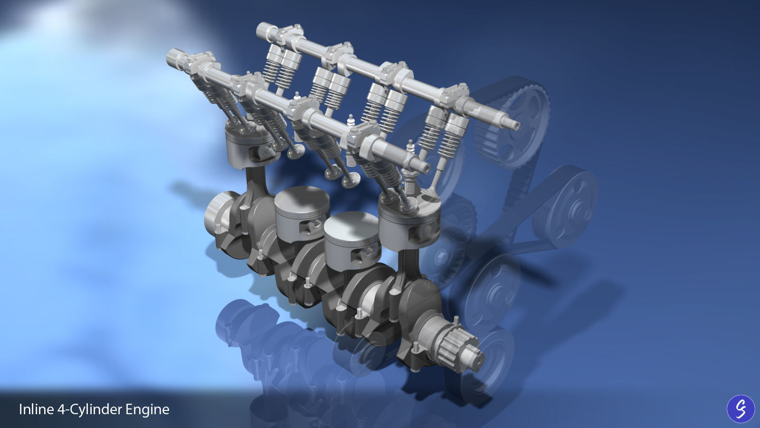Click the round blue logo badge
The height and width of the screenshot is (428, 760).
(x=741, y=409)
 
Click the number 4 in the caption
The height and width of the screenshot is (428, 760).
(x=61, y=409)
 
